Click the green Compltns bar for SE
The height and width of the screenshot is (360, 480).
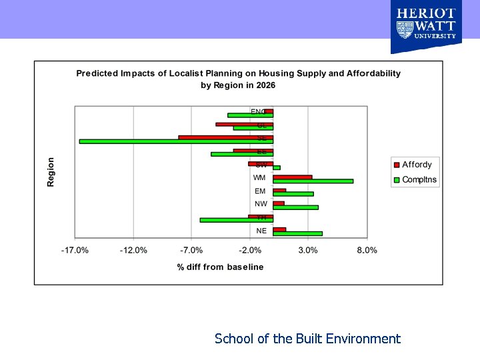(x=176, y=141)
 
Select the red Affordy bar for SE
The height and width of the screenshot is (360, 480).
(x=225, y=137)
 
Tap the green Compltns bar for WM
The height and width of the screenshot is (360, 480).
(x=313, y=181)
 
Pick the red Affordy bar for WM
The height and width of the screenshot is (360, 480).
(x=292, y=177)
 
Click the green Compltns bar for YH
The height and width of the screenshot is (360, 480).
(x=236, y=220)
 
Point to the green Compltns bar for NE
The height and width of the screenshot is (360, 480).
(x=297, y=233)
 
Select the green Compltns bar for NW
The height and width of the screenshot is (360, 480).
(x=295, y=207)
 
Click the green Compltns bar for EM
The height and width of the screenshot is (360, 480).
(x=293, y=194)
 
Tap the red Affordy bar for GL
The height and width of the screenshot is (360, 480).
(x=244, y=124)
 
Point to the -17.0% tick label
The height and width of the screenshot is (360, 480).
(x=75, y=251)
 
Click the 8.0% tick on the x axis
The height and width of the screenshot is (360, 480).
(x=367, y=251)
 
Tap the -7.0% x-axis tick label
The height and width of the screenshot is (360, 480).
(x=192, y=251)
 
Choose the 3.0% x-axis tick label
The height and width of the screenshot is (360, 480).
(x=308, y=251)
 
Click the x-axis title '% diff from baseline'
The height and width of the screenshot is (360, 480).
(x=220, y=267)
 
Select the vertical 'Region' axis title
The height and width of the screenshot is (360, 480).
(x=51, y=172)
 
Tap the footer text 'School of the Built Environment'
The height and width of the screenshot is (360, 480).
(x=307, y=339)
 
